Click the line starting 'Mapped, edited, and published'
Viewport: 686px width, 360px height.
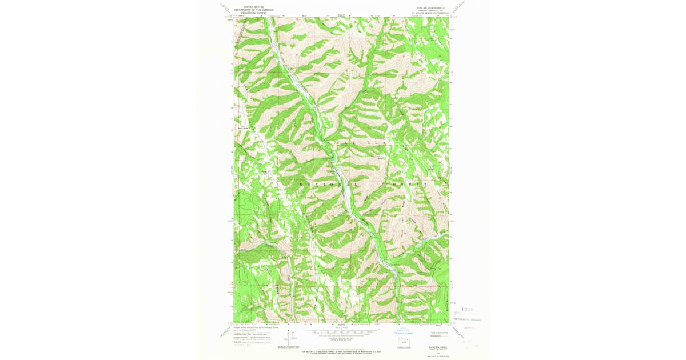[252, 327]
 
